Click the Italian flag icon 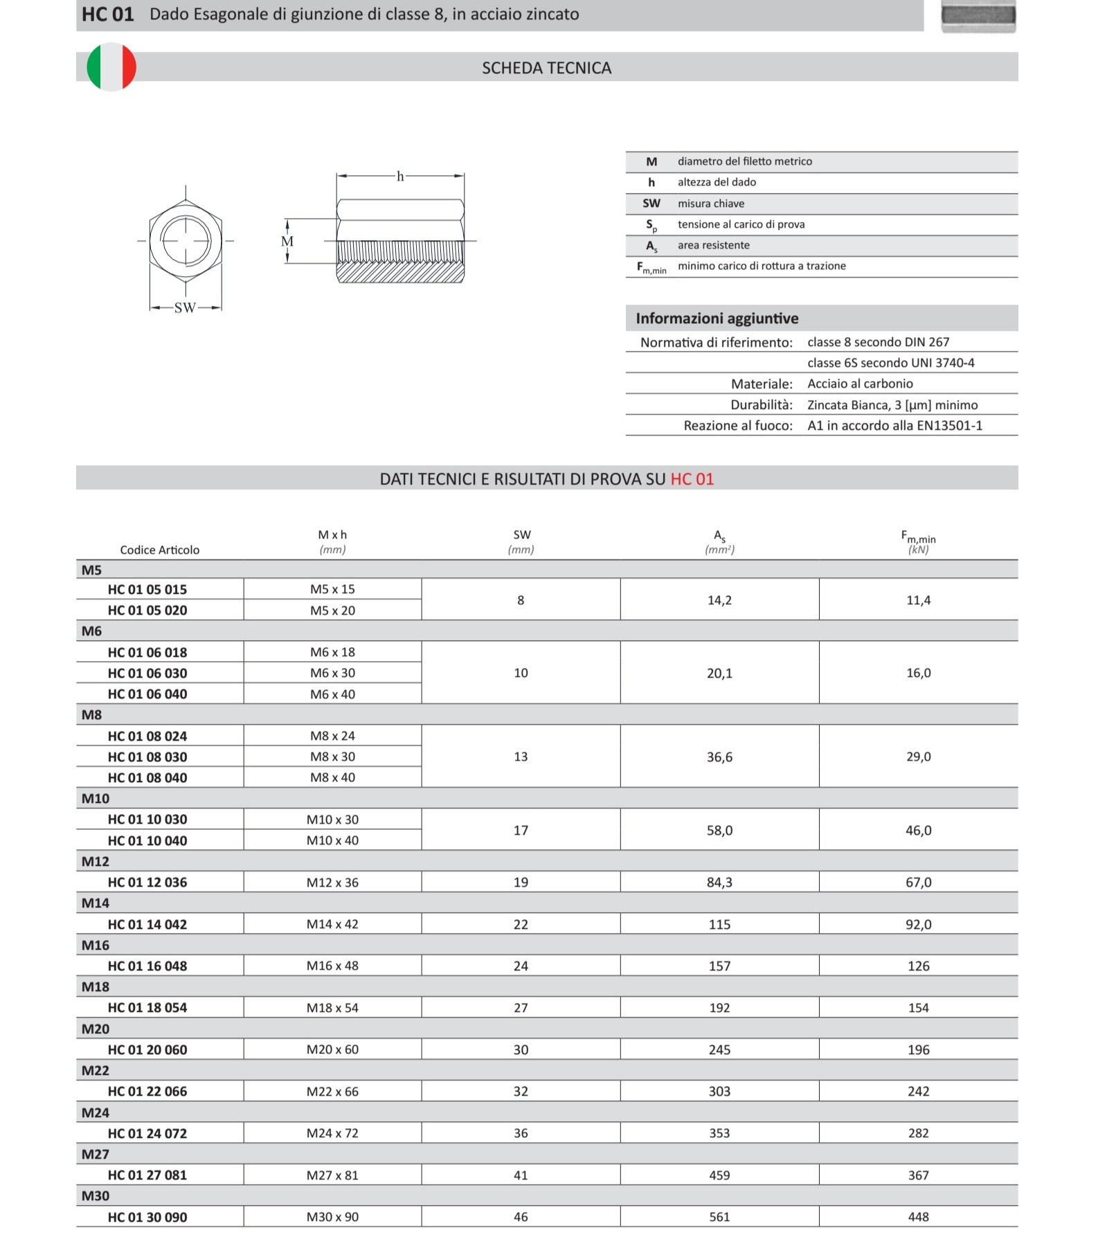click(111, 67)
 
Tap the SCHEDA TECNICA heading click(546, 68)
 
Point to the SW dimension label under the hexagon click(185, 308)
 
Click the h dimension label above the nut click(400, 177)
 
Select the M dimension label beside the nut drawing click(287, 242)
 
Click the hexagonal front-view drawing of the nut click(186, 241)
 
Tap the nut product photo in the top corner click(978, 16)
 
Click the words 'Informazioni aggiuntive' click(717, 318)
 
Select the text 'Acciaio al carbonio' click(860, 383)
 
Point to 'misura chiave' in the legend click(711, 204)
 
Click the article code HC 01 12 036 click(147, 883)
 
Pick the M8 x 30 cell click(332, 757)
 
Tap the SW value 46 click(521, 1217)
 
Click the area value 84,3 click(719, 883)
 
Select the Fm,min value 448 click(918, 1217)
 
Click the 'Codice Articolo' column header click(159, 550)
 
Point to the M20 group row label click(96, 1029)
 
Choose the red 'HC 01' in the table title click(692, 479)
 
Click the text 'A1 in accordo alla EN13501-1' click(894, 426)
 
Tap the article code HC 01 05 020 click(147, 611)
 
